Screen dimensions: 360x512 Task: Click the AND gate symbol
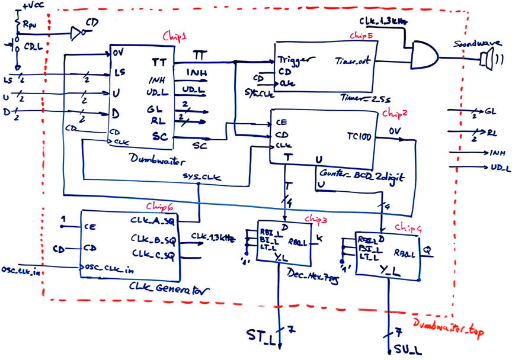[x=424, y=57]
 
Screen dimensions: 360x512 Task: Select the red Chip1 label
[x=175, y=37]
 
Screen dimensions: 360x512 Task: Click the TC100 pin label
[x=359, y=136]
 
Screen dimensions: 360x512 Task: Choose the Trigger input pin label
[x=291, y=60]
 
